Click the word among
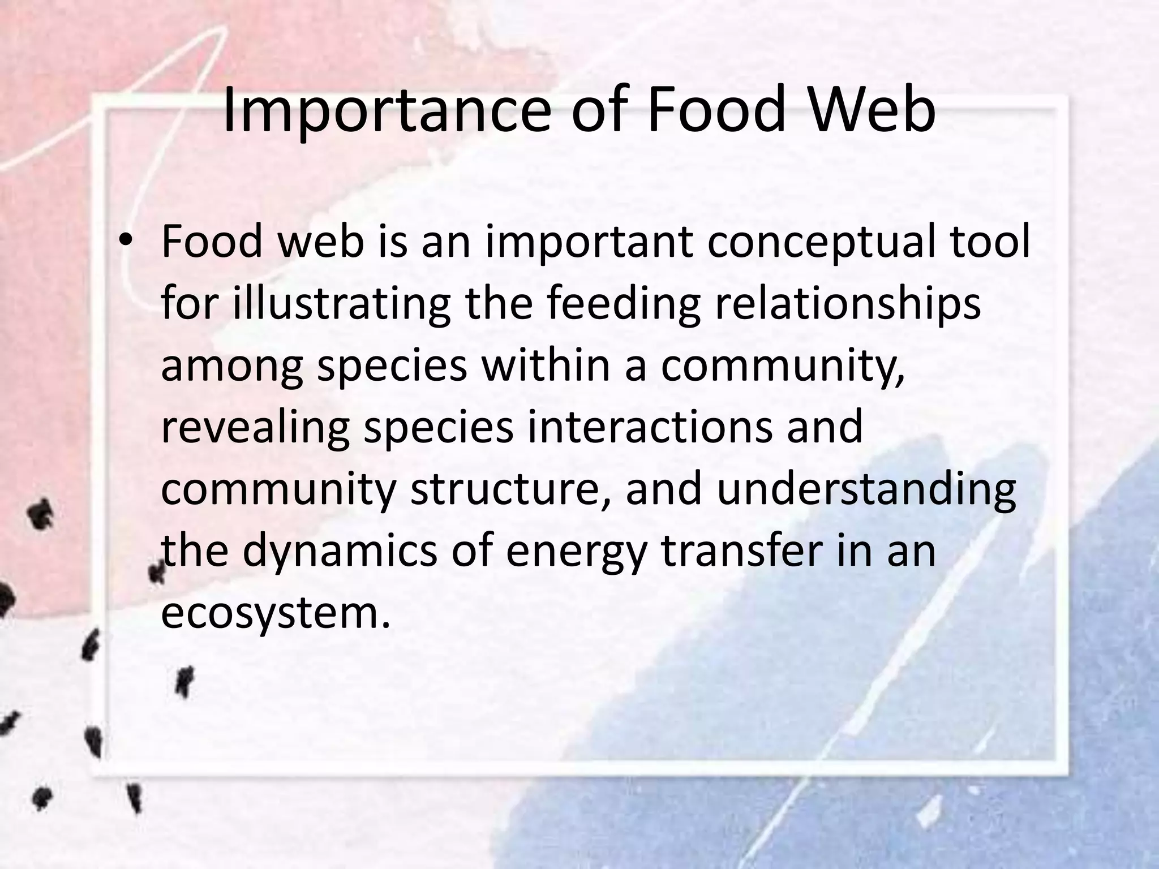(232, 367)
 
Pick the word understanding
(866, 490)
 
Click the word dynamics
(340, 552)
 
